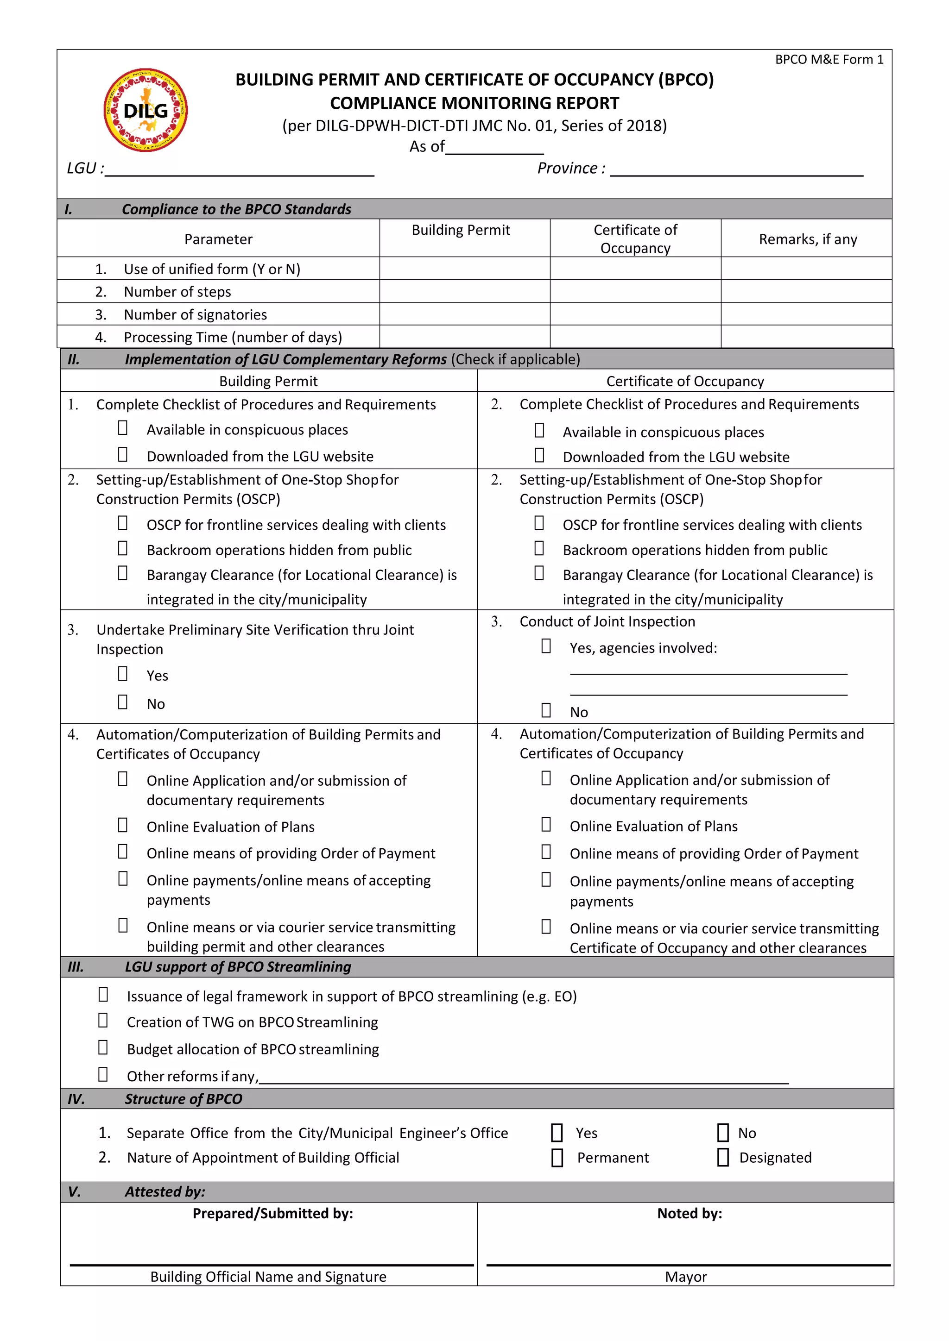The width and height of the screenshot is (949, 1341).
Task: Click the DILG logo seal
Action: (146, 110)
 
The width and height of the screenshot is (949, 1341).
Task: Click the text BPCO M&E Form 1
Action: (829, 60)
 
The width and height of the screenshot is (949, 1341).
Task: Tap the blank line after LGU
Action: (240, 170)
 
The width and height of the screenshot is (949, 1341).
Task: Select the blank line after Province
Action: (736, 170)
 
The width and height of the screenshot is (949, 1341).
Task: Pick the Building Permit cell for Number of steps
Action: (465, 291)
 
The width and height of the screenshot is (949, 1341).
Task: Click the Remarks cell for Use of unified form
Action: (806, 269)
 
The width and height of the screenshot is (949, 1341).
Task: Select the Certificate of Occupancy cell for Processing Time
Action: (635, 337)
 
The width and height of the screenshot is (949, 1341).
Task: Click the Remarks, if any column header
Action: (808, 239)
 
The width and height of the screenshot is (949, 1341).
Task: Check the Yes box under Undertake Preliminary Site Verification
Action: (123, 674)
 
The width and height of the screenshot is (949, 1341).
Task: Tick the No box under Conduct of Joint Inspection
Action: (546, 710)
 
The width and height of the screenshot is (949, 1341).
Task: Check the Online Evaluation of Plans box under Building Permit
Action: (123, 825)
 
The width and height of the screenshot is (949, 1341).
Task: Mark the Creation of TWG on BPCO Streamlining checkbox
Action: (103, 1021)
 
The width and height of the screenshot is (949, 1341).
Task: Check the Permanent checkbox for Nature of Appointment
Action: (557, 1158)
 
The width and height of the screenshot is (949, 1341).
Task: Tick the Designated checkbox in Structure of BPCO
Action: (723, 1158)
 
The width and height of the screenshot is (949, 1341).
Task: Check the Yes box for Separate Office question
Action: (557, 1133)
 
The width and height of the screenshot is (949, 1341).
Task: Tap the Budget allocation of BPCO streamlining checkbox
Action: (103, 1048)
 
